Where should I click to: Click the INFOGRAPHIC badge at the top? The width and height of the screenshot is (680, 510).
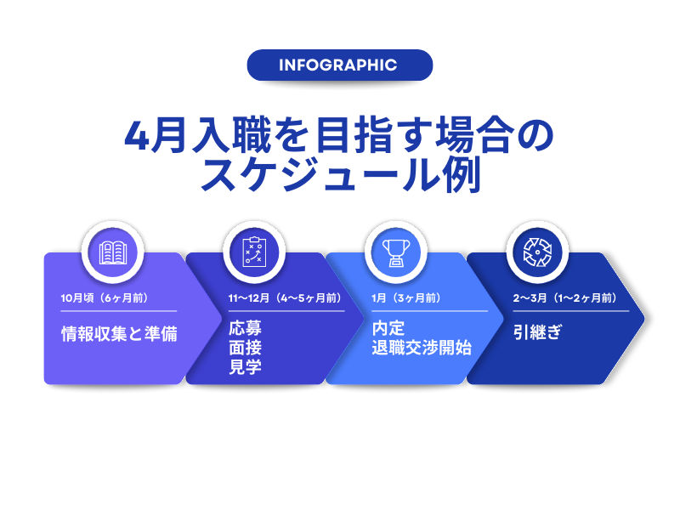(x=339, y=65)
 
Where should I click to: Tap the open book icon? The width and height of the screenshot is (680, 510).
(x=114, y=252)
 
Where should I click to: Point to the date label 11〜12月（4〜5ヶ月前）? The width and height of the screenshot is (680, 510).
(x=285, y=298)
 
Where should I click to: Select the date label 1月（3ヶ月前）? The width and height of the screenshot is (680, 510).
(x=405, y=298)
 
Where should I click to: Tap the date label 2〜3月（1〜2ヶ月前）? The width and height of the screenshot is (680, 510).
(x=564, y=298)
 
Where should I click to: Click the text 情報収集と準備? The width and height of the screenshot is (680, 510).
(x=119, y=333)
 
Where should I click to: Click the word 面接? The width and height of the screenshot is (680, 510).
(x=245, y=348)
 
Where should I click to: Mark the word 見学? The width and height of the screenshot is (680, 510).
(x=245, y=367)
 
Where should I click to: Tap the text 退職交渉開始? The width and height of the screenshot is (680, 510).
(x=422, y=348)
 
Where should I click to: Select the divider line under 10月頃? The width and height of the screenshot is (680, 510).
(x=118, y=311)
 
